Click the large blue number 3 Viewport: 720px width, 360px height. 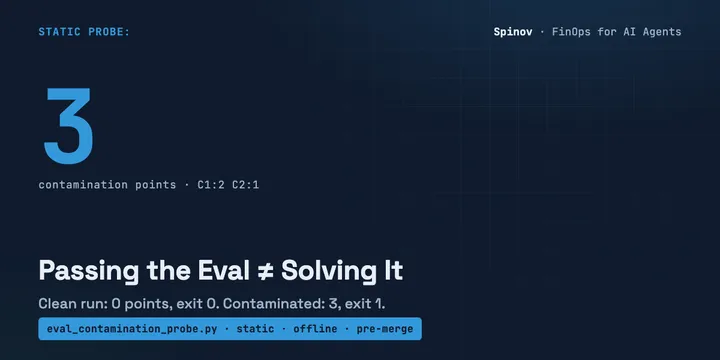click(68, 126)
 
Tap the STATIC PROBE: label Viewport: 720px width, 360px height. click(84, 32)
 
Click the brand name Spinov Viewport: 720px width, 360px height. click(513, 32)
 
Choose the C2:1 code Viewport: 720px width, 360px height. click(246, 185)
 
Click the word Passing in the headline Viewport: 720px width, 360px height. click(89, 271)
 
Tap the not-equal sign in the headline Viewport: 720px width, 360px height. click(265, 271)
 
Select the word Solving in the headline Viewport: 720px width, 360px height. click(331, 271)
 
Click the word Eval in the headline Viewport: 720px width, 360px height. click(224, 270)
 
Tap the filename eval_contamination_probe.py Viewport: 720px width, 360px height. click(132, 329)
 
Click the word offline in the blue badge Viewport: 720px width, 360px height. click(315, 329)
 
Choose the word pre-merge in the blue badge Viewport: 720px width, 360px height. click(385, 329)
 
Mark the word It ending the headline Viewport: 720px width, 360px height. click(395, 270)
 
